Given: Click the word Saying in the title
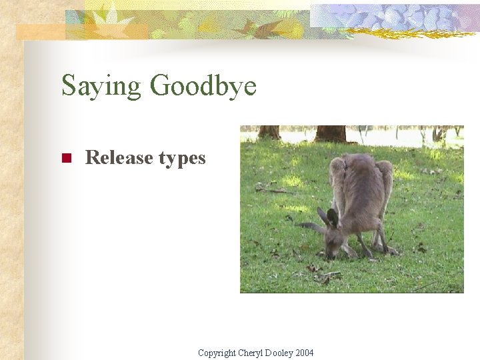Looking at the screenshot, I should point(101,87).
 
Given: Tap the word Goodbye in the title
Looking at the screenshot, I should point(203,87).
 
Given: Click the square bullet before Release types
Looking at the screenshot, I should point(66,159).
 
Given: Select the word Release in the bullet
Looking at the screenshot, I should point(119,158).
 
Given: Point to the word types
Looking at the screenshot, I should point(182,159).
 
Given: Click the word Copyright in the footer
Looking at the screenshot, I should point(217,353).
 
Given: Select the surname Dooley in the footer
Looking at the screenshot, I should point(281,353).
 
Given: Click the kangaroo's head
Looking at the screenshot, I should point(333,240).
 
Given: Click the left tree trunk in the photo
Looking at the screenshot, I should point(269,132).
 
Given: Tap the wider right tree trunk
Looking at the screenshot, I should point(330,133).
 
